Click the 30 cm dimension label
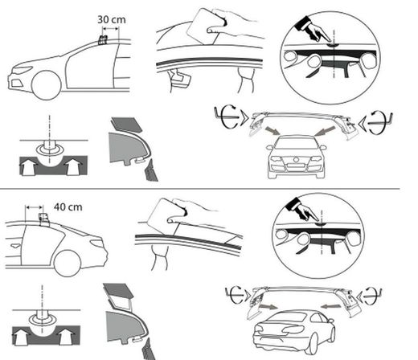[x=112, y=19]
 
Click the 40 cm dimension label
[x=68, y=207]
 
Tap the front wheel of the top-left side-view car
[x=47, y=85]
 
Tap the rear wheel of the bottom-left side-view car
[x=68, y=264]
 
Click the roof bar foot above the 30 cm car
[x=103, y=39]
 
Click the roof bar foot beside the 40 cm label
[x=44, y=219]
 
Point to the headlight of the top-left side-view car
[x=23, y=70]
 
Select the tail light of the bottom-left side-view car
[x=96, y=243]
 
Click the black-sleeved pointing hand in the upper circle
[x=313, y=29]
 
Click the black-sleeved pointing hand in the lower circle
[x=302, y=211]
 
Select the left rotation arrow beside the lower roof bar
[x=236, y=294]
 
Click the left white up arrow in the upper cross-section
[x=28, y=166]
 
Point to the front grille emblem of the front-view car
[x=296, y=160]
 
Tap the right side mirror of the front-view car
[x=323, y=147]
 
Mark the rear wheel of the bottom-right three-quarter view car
[x=311, y=344]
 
